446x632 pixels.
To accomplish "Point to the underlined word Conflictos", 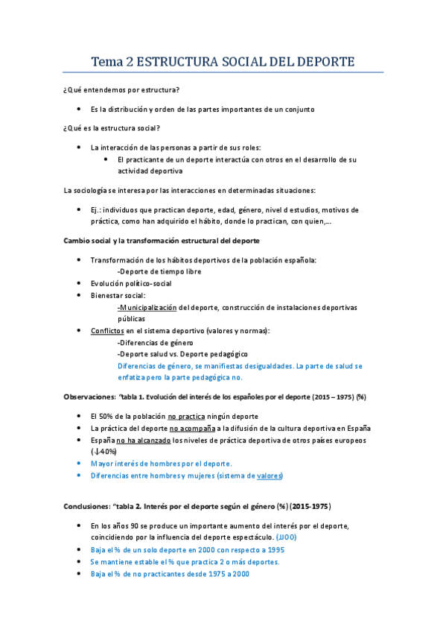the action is (107, 330).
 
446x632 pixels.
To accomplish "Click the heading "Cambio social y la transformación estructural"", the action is (161, 241).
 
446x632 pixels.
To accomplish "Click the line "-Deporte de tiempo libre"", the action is (159, 271).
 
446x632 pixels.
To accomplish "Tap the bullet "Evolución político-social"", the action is (131, 283).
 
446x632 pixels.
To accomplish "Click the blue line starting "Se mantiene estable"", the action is (185, 562).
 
